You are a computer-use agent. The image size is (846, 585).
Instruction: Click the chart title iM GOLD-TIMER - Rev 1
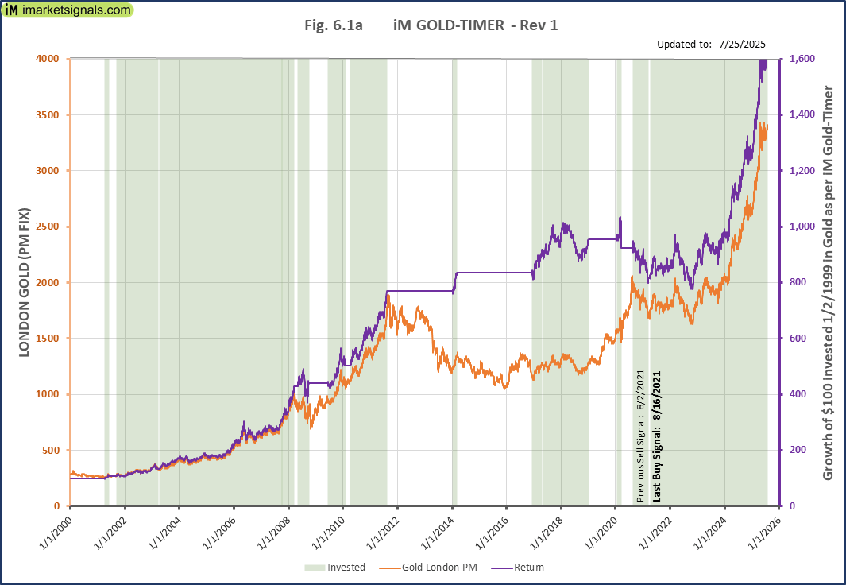click(431, 25)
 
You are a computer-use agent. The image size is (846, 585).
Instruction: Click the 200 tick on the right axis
click(798, 450)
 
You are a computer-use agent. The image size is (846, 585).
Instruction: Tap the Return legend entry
click(528, 568)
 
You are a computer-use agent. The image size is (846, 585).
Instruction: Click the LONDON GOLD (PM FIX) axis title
click(24, 282)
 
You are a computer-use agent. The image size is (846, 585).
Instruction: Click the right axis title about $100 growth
click(828, 282)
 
